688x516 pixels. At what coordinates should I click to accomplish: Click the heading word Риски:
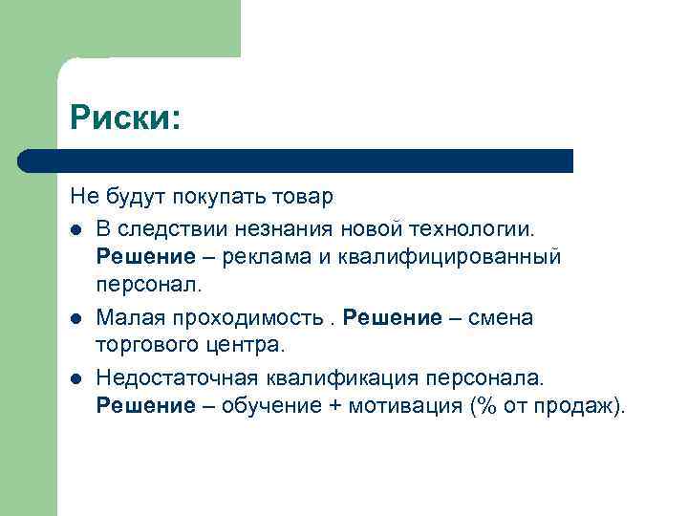tap(124, 118)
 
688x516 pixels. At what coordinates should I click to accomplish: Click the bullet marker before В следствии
tap(75, 229)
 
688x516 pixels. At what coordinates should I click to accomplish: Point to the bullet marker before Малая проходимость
tap(75, 317)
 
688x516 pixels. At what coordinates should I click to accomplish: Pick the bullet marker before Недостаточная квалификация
tap(75, 376)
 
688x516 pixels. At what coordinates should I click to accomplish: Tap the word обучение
tap(264, 405)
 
